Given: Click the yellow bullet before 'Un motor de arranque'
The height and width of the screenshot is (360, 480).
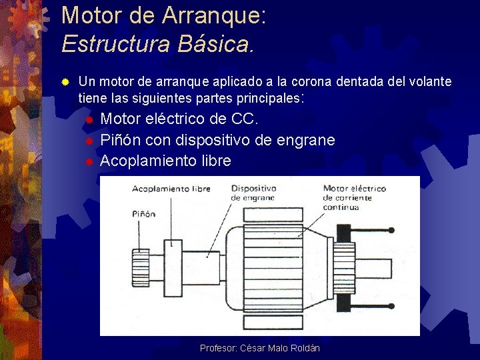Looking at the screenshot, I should [x=65, y=82].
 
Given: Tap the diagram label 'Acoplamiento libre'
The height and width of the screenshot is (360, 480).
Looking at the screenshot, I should [x=171, y=189].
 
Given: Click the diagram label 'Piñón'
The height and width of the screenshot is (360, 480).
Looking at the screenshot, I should [x=143, y=214].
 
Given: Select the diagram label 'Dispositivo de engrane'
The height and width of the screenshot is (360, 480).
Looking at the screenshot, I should [x=253, y=193].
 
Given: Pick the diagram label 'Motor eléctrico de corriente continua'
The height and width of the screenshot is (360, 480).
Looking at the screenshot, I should [x=354, y=197].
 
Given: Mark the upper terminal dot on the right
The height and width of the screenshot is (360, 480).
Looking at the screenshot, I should [x=391, y=231].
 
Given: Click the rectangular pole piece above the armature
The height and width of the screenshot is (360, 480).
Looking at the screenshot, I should [x=273, y=215].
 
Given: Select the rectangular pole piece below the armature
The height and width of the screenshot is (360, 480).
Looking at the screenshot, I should [x=273, y=323].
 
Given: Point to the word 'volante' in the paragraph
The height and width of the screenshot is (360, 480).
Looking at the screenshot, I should [x=429, y=82].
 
